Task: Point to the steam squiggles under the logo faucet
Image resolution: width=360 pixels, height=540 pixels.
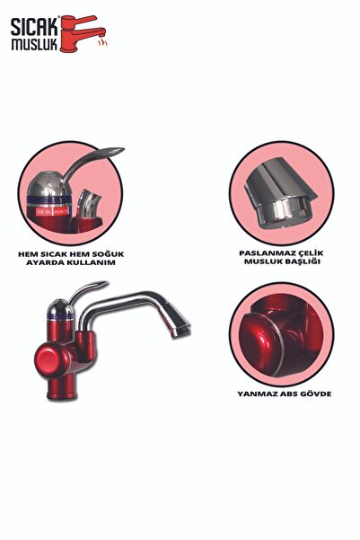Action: tap(101, 41)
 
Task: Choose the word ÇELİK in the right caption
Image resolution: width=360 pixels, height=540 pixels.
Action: tap(303, 252)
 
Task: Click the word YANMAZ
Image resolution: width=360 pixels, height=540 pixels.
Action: tap(253, 393)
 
